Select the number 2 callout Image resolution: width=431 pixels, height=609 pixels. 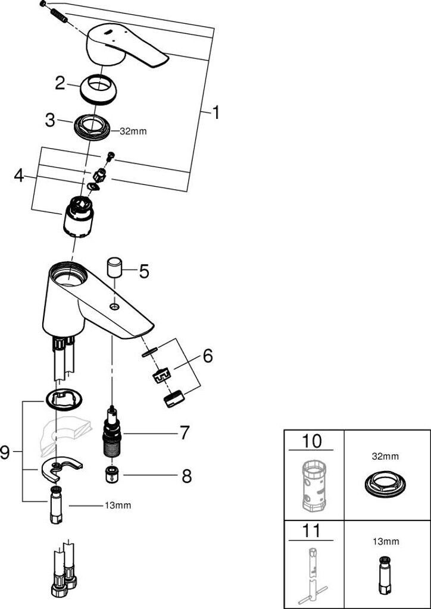pyautogui.click(x=60, y=83)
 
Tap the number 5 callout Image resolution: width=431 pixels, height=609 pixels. pyautogui.click(x=144, y=272)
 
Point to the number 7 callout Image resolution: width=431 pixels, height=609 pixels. pyautogui.click(x=185, y=432)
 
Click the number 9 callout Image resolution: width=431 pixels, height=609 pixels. pyautogui.click(x=5, y=453)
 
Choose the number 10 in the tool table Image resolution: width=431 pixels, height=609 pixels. pyautogui.click(x=312, y=441)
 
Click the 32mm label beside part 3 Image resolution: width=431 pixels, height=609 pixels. pyautogui.click(x=133, y=131)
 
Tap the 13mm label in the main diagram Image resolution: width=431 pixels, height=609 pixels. pyautogui.click(x=118, y=506)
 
